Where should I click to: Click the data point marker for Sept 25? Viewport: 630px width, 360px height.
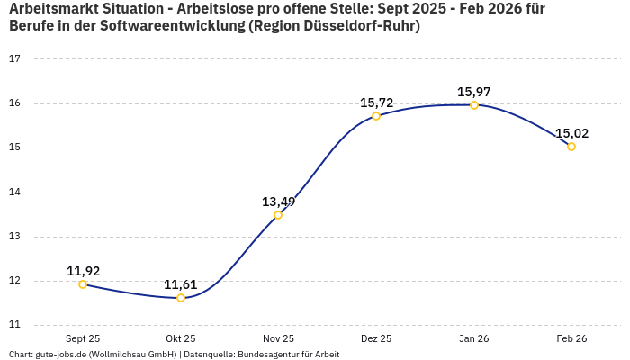tap(83, 284)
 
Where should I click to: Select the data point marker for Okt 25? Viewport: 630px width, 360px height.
tap(181, 298)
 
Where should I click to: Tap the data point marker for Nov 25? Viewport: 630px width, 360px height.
tap(278, 215)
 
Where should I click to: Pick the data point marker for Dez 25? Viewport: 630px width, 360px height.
tap(376, 116)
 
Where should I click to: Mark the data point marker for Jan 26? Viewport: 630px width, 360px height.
tap(474, 105)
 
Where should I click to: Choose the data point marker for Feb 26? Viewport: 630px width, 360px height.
tap(571, 147)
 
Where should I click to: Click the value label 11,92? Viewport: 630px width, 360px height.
tap(83, 271)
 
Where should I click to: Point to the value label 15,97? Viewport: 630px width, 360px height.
tap(474, 92)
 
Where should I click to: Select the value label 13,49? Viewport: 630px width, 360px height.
tap(278, 202)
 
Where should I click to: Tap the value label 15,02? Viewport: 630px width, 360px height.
tap(571, 133)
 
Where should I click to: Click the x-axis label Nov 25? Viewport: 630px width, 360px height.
tap(278, 338)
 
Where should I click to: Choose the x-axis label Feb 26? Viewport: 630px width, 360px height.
tap(571, 338)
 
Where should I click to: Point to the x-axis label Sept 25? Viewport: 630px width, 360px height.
tap(83, 338)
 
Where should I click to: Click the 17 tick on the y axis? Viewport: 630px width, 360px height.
tap(14, 59)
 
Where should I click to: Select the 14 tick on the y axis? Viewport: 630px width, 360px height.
tap(14, 193)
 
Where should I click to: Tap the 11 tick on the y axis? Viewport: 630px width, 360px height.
tap(14, 325)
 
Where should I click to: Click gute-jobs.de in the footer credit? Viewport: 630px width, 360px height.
tap(60, 355)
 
